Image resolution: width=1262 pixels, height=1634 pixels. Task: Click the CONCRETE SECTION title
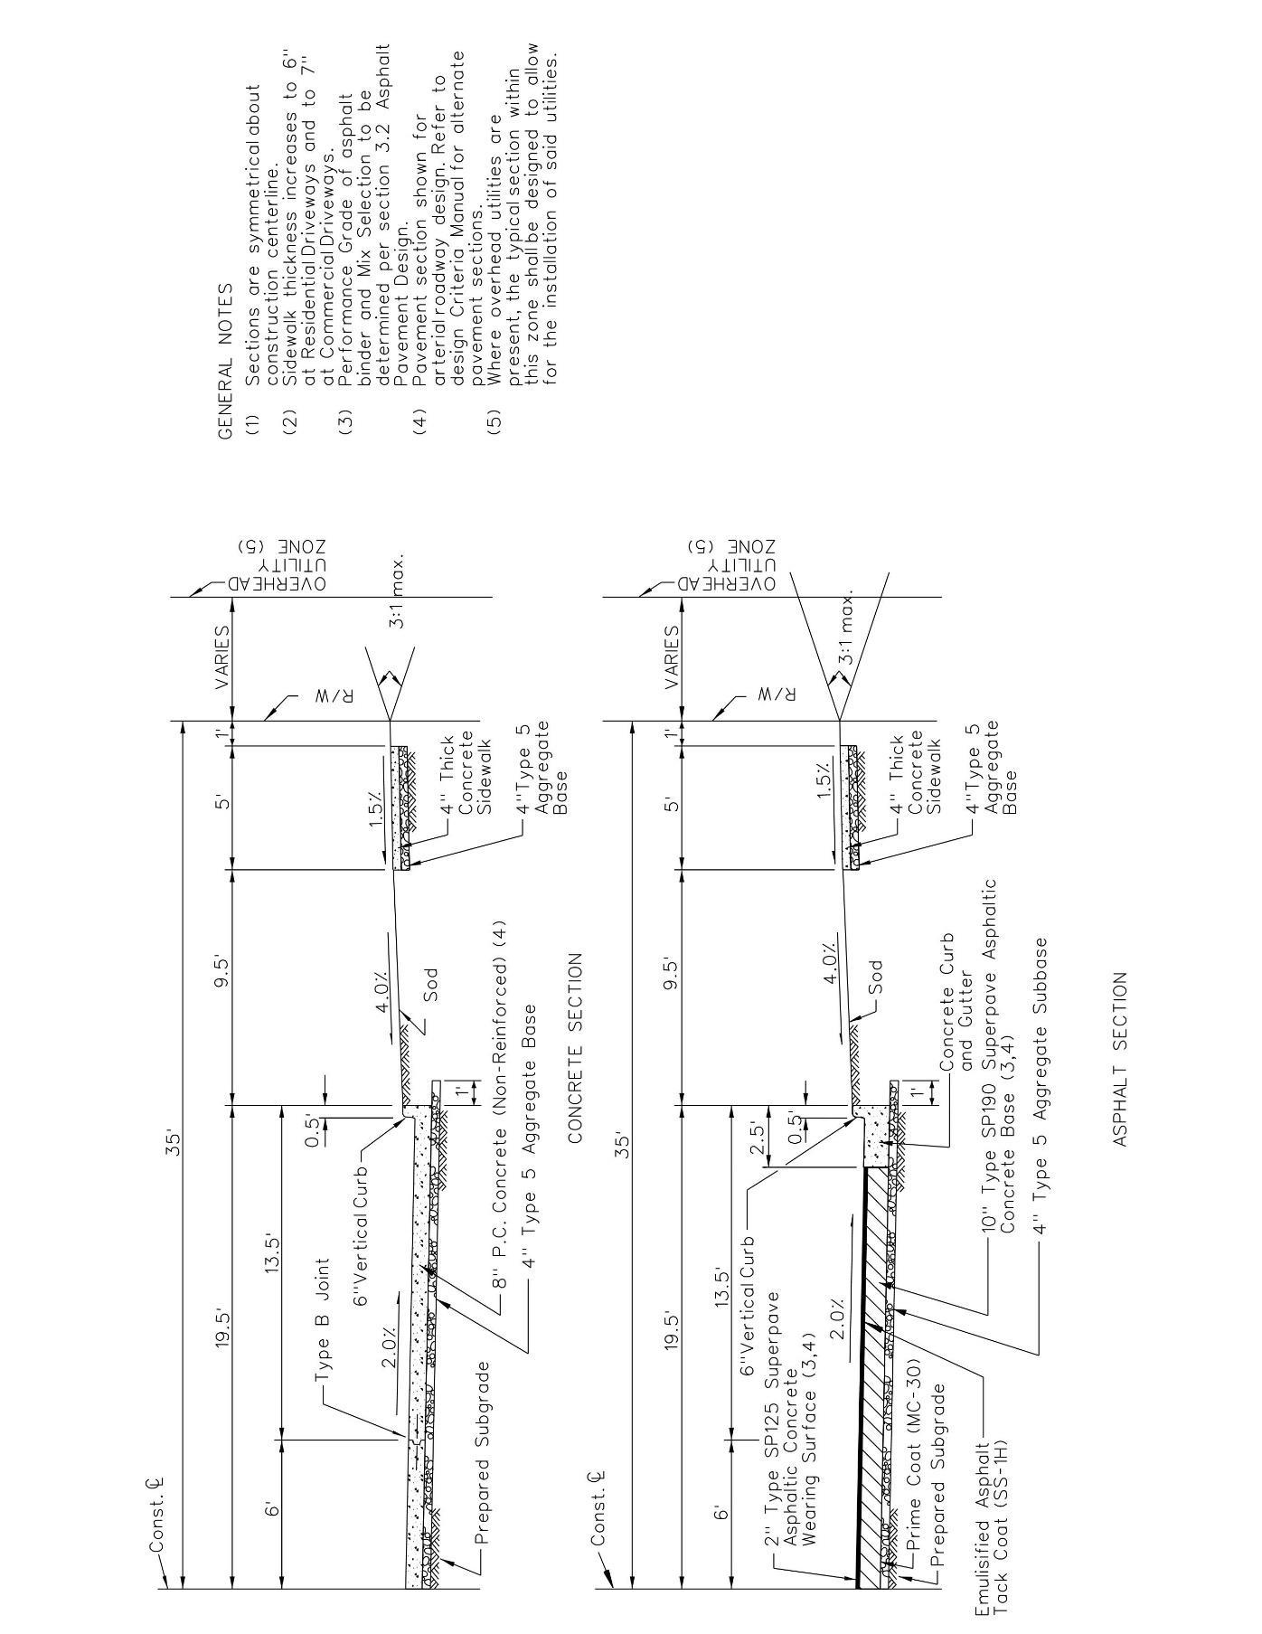[575, 1049]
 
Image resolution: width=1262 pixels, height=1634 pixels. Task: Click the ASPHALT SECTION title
[1121, 1059]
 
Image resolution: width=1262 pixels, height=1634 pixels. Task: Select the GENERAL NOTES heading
[225, 362]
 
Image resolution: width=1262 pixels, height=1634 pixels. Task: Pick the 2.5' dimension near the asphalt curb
[758, 1136]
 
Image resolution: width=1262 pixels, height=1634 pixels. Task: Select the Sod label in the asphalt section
[874, 977]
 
